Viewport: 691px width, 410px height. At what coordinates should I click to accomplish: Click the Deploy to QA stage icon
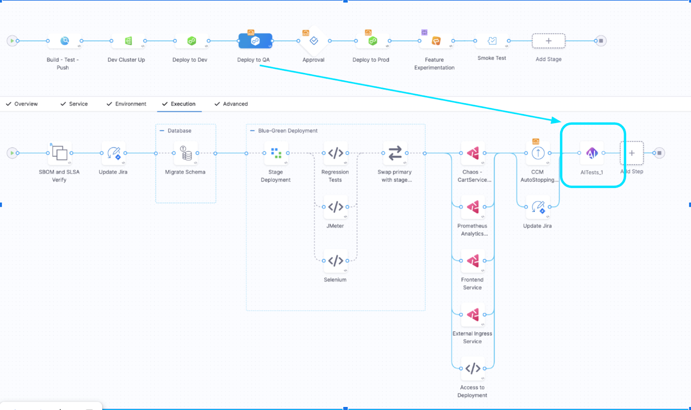pyautogui.click(x=255, y=41)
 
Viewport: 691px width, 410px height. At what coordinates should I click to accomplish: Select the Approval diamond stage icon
pyautogui.click(x=314, y=41)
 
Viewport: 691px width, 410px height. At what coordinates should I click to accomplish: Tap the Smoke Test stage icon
pyautogui.click(x=492, y=41)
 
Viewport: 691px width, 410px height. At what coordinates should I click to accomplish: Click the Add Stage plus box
pyautogui.click(x=548, y=41)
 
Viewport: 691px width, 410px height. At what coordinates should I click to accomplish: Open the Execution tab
pyautogui.click(x=183, y=104)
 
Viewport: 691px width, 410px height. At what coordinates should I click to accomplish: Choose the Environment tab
pyautogui.click(x=130, y=104)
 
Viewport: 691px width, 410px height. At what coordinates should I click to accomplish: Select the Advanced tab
pyautogui.click(x=235, y=104)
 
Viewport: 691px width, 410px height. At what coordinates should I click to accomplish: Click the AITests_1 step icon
pyautogui.click(x=591, y=153)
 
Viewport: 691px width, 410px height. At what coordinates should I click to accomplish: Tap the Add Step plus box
pyautogui.click(x=632, y=153)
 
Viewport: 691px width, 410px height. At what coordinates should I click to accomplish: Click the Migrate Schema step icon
pyautogui.click(x=186, y=153)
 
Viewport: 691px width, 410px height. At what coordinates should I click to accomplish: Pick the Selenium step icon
pyautogui.click(x=336, y=261)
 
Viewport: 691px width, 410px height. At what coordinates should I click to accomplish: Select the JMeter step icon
pyautogui.click(x=336, y=207)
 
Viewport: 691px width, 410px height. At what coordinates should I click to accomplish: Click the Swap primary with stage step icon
pyautogui.click(x=395, y=153)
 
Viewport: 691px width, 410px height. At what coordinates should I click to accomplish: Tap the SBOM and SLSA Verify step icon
pyautogui.click(x=60, y=153)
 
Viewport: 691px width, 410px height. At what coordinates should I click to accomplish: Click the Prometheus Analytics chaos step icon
pyautogui.click(x=472, y=207)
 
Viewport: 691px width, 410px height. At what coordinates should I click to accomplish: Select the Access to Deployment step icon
pyautogui.click(x=472, y=369)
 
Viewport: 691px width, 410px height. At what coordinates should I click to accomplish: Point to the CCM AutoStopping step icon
pyautogui.click(x=538, y=153)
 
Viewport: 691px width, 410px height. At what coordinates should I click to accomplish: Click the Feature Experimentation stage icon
pyautogui.click(x=436, y=41)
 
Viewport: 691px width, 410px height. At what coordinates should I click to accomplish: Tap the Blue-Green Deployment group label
pyautogui.click(x=288, y=130)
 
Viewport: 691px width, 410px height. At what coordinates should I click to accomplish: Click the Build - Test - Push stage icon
pyautogui.click(x=64, y=41)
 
